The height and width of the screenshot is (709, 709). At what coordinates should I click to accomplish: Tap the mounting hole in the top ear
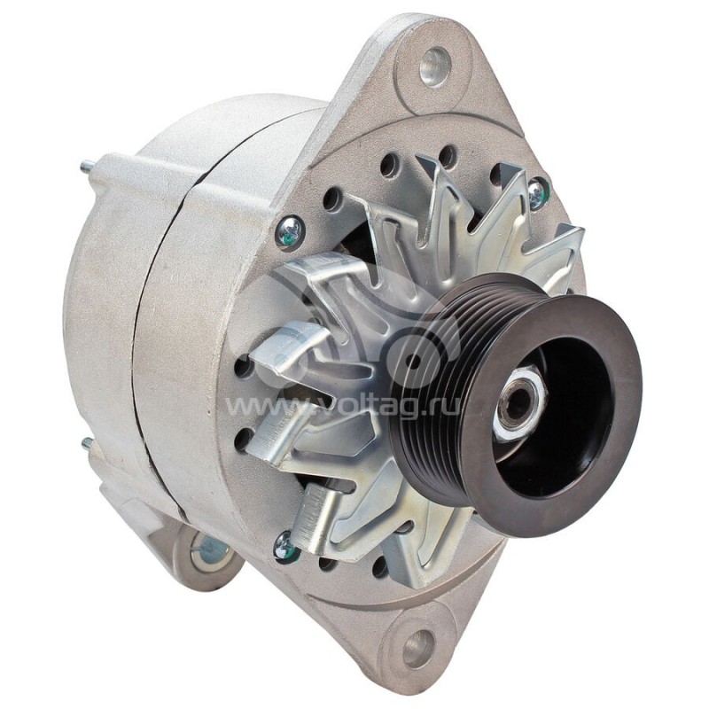pos(434,66)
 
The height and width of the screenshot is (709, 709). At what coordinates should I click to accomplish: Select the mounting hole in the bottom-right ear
pos(418,648)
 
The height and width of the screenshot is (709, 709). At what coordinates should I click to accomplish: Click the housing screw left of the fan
pos(289,232)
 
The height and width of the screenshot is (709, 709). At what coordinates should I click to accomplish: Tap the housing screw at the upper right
pos(537,192)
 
